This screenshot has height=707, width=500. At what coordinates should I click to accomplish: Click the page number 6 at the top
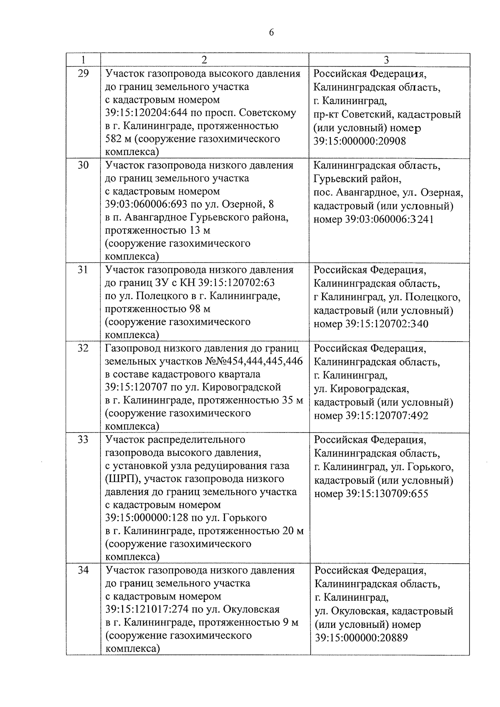click(x=271, y=33)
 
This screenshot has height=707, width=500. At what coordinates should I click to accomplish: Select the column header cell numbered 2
click(x=204, y=60)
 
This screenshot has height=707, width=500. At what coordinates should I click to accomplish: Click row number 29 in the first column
click(x=83, y=74)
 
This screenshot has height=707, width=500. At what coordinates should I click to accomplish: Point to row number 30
click(x=83, y=165)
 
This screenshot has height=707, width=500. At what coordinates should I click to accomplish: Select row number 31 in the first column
click(x=83, y=270)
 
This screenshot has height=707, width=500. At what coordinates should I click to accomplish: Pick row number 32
click(x=83, y=348)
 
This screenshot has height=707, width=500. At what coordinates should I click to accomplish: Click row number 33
click(x=83, y=440)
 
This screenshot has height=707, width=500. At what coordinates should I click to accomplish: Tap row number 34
click(x=83, y=570)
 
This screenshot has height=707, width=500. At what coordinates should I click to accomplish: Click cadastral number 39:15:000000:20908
click(x=360, y=141)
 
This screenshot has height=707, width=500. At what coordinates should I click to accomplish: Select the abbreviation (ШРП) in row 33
click(x=124, y=479)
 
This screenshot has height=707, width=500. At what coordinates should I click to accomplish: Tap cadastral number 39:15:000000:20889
click(x=361, y=638)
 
